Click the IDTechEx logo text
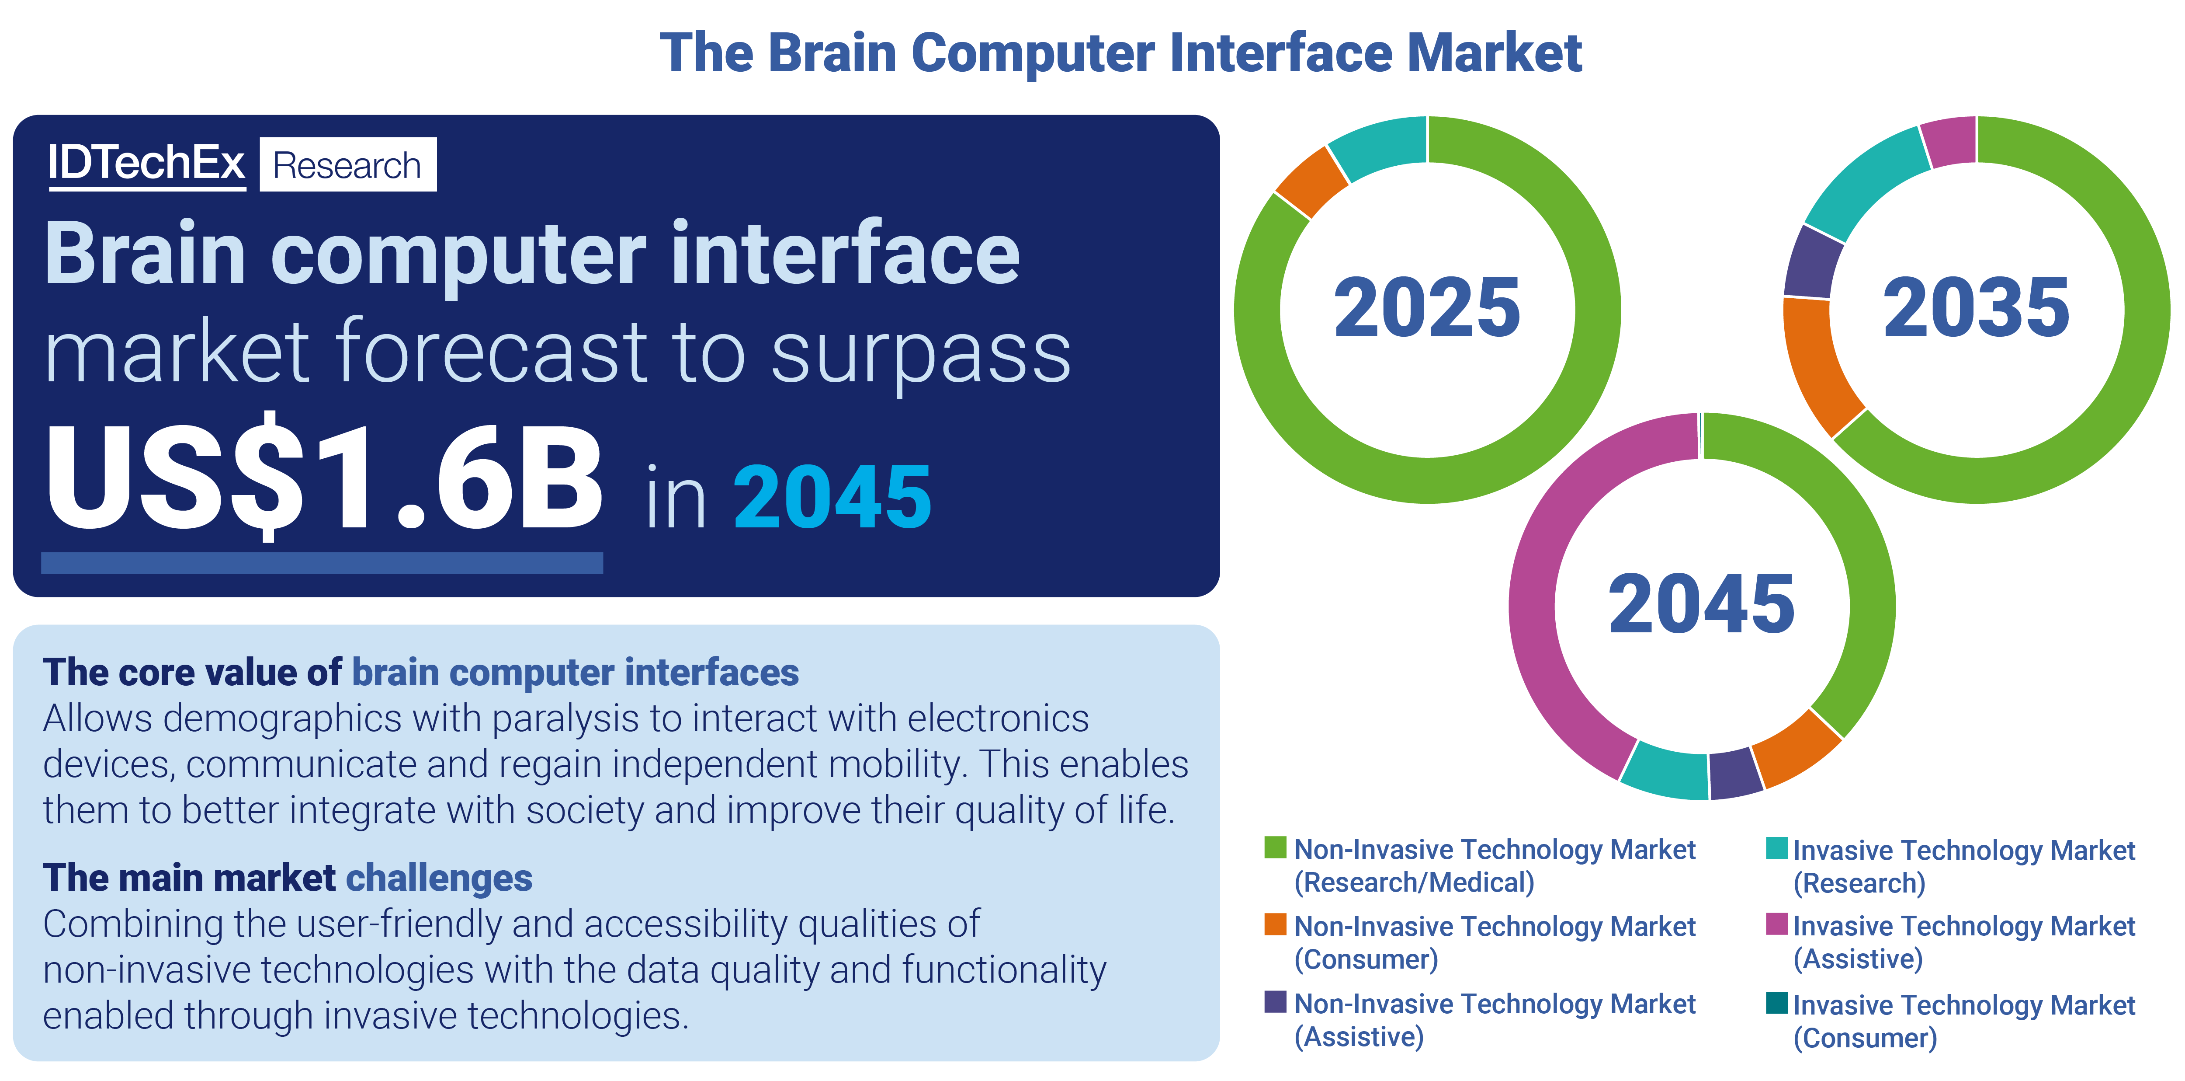(x=146, y=163)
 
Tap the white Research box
(x=348, y=164)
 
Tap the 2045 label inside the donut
(x=1702, y=604)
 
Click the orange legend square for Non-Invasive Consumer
(x=1275, y=924)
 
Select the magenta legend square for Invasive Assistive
(x=1776, y=924)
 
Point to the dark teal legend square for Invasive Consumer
(x=1776, y=1003)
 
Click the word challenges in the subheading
(x=439, y=878)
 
